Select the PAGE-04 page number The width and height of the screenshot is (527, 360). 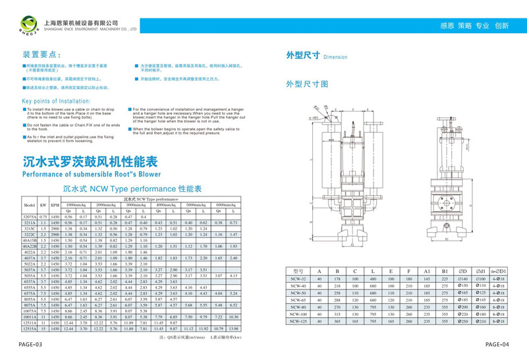(x=498, y=344)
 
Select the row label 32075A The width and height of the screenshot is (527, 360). (x=29, y=216)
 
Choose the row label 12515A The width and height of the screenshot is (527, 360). (x=29, y=328)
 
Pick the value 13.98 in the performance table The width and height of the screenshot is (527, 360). (x=233, y=328)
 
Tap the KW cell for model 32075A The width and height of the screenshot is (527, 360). (x=43, y=216)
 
